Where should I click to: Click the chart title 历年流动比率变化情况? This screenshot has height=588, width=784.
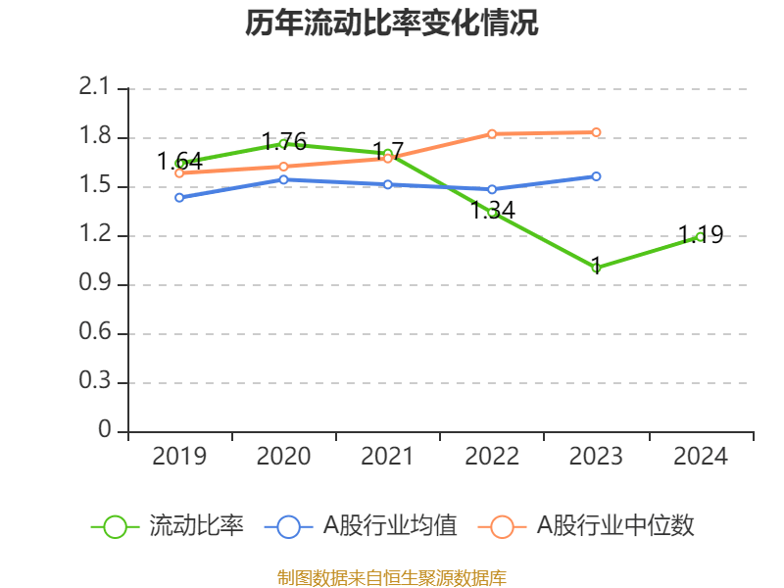pos(392,24)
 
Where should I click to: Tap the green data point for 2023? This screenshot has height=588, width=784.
pos(596,268)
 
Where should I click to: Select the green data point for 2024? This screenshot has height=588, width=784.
pos(700,236)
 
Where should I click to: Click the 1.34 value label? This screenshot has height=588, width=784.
pos(492,210)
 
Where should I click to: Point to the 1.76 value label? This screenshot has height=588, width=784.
pos(283,141)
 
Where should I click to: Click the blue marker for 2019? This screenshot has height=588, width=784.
pos(179,198)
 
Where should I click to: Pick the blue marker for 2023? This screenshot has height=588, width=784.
pos(596,176)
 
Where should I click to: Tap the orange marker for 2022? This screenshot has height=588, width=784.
pos(492,133)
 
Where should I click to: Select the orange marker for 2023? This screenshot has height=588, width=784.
pos(596,132)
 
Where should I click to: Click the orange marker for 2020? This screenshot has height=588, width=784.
pos(283,167)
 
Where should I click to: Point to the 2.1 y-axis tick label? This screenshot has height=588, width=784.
pos(97,88)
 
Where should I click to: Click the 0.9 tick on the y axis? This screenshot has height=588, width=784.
pos(97,284)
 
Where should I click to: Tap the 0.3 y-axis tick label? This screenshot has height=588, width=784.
pos(97,382)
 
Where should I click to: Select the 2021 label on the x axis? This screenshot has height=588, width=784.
pos(387,456)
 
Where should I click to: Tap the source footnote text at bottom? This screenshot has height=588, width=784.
pos(392,577)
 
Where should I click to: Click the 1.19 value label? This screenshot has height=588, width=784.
pos(701,234)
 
